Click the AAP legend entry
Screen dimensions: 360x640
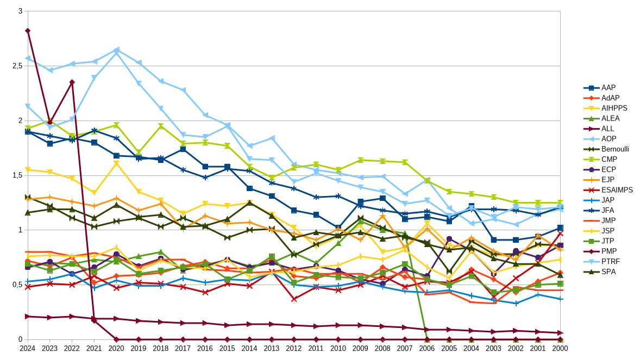pos(608,87)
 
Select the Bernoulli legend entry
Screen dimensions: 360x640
pos(614,149)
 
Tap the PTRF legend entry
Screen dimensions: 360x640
pos(610,261)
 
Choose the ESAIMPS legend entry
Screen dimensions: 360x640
pos(617,190)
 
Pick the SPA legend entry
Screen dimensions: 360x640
pos(608,271)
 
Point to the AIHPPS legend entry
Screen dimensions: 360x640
pos(613,108)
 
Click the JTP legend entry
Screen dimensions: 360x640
pos(608,241)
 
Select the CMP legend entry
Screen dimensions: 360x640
pos(608,159)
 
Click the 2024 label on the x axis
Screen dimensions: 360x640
pos(27,348)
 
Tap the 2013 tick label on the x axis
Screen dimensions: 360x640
pos(272,348)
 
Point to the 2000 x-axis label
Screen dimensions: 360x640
pos(560,348)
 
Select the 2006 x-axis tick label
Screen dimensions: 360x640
pos(427,348)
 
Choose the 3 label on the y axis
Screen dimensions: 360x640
pos(20,11)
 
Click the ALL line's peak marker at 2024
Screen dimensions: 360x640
pos(27,31)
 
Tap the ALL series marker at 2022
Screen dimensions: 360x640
pos(72,82)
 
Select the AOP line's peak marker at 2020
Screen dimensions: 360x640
pos(116,49)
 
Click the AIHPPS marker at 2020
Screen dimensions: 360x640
pos(116,163)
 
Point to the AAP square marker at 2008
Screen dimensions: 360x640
pos(383,198)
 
